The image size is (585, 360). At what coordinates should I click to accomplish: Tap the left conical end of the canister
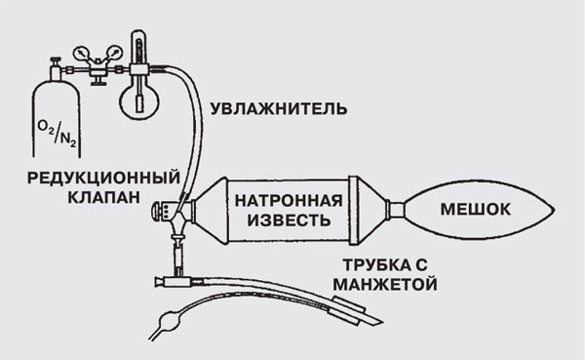click(x=206, y=208)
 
